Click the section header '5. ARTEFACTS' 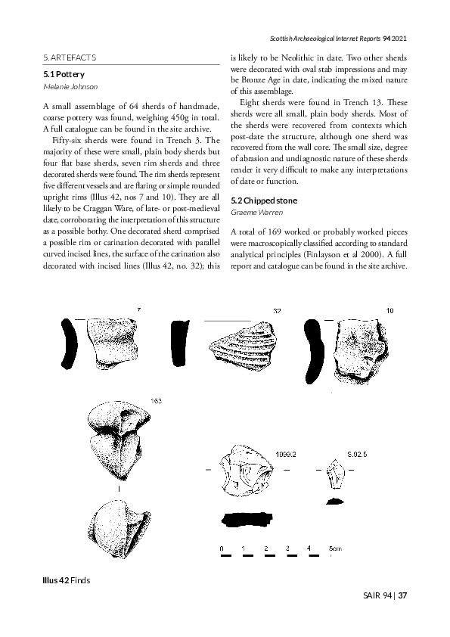point(69,57)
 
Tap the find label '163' point(157,400)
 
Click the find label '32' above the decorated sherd point(277,311)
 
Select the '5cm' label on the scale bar point(334,547)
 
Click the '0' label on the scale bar point(221,547)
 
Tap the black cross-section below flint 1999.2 point(248,519)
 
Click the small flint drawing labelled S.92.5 point(334,477)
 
